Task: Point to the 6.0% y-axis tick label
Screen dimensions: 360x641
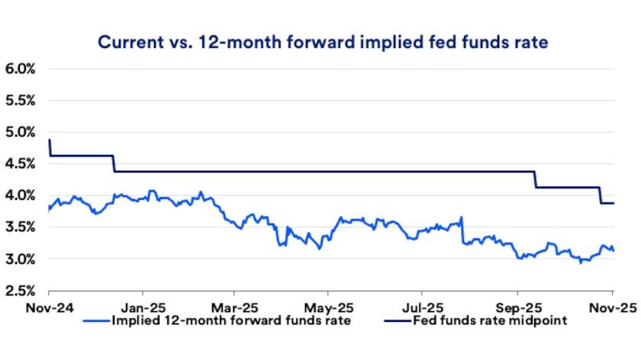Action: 21,69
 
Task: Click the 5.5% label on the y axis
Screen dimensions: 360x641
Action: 21,101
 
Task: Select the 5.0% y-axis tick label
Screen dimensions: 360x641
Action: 21,132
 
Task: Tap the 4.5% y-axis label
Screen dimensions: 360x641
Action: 21,164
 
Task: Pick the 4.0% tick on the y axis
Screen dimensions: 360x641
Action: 21,196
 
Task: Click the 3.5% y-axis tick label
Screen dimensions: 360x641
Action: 21,227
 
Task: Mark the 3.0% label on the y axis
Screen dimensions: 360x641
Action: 21,259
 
